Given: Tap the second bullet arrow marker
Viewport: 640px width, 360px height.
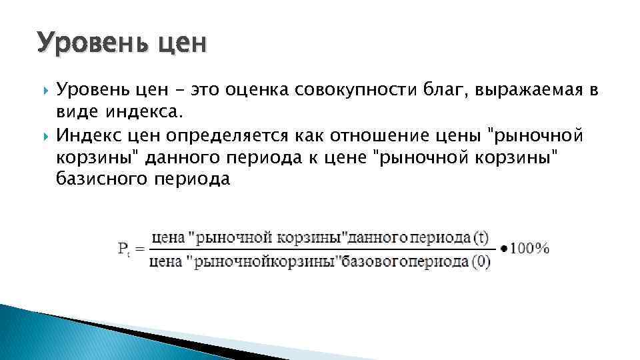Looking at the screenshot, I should point(45,136).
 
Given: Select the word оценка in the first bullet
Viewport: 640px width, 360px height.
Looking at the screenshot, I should point(253,89).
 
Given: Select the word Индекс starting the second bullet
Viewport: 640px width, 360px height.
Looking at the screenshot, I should point(87,137).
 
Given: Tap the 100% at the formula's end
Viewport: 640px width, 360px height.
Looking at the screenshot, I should point(529,249).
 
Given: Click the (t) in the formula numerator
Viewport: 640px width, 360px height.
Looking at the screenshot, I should point(481,237).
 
